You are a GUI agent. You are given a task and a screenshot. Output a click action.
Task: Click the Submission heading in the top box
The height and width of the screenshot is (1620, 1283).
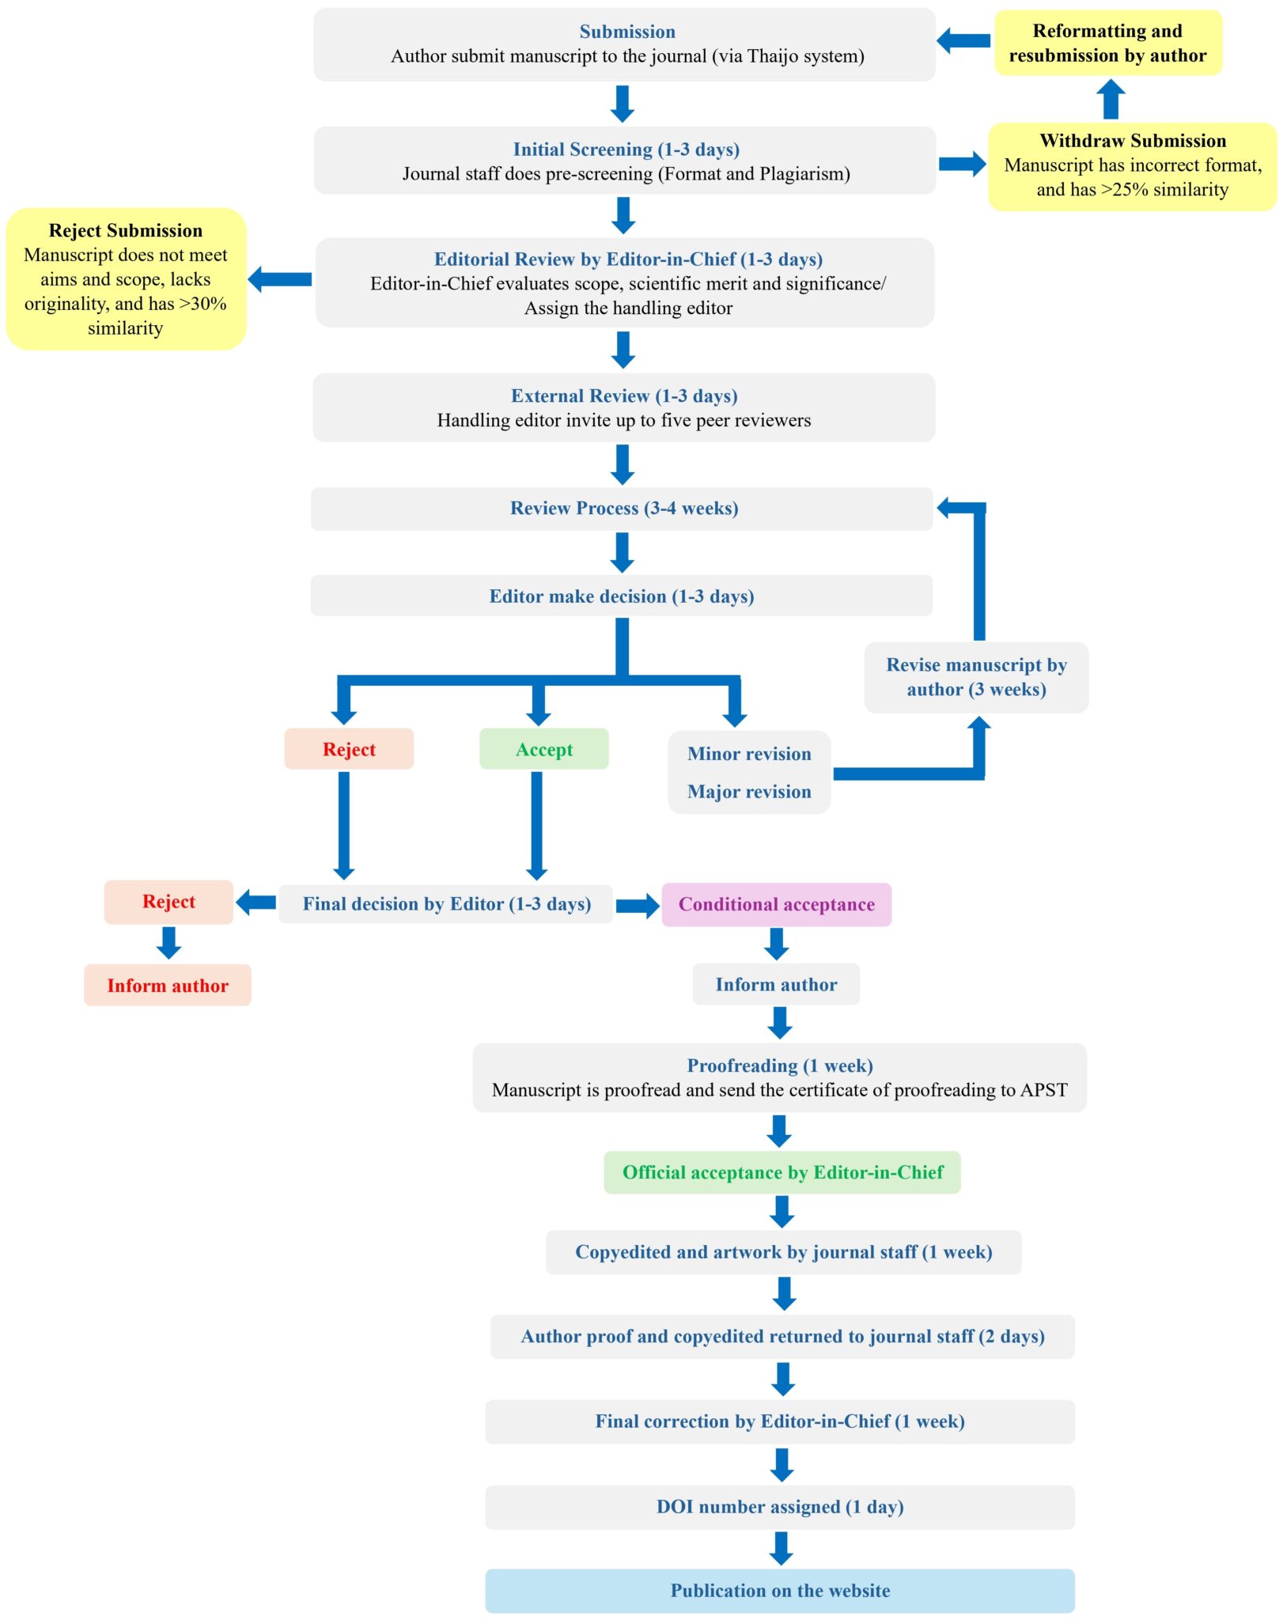click(x=626, y=32)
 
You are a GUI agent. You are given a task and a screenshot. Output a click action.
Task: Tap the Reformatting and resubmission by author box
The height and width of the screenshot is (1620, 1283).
click(x=1107, y=43)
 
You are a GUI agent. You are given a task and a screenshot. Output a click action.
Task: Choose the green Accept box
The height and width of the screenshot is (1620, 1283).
click(x=543, y=749)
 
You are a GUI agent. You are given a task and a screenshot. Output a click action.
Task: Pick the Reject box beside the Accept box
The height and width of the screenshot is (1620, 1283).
click(x=349, y=749)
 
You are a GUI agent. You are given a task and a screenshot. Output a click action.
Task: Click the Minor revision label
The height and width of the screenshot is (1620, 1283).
click(x=748, y=754)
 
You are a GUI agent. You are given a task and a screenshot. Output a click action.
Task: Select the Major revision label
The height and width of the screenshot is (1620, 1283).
click(x=748, y=792)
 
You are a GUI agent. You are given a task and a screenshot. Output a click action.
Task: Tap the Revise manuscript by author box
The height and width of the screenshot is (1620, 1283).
click(x=975, y=677)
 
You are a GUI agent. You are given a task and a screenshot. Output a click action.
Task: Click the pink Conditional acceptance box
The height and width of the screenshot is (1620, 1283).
click(x=776, y=904)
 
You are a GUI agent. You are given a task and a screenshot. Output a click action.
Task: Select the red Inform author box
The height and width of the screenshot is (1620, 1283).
click(x=168, y=986)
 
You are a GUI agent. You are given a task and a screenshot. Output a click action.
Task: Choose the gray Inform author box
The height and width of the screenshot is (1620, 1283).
click(x=775, y=985)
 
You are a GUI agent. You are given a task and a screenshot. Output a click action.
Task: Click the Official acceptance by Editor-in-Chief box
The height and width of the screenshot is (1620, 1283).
click(x=782, y=1172)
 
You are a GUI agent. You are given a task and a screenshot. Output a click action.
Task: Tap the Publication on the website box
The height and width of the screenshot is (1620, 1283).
click(x=779, y=1591)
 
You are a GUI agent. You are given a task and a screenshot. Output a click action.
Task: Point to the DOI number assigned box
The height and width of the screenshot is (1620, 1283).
click(x=779, y=1507)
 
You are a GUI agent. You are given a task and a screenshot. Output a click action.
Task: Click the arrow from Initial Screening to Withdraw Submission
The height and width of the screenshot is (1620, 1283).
click(x=961, y=164)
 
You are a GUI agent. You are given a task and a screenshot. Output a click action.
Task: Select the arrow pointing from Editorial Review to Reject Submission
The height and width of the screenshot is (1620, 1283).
click(x=280, y=279)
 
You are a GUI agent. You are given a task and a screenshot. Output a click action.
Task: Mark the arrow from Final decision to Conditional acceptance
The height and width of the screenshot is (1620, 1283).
click(x=637, y=906)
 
